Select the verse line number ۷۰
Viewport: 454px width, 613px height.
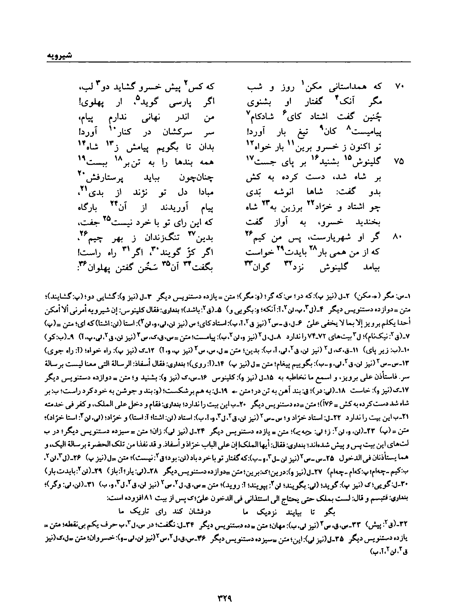tap(398, 87)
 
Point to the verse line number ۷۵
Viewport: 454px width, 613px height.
tap(398, 162)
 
